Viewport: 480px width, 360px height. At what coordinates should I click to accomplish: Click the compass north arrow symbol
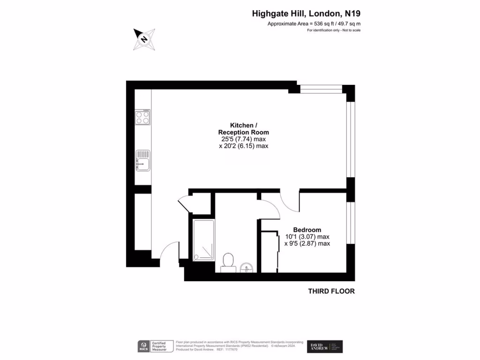(x=144, y=38)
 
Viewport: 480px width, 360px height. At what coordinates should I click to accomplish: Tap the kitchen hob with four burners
(x=143, y=117)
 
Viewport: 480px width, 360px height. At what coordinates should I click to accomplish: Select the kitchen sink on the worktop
(x=143, y=160)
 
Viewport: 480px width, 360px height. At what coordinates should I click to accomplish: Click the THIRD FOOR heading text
(x=331, y=291)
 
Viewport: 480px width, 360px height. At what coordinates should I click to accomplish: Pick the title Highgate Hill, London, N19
(x=306, y=14)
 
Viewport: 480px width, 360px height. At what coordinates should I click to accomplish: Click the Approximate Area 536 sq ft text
(x=314, y=23)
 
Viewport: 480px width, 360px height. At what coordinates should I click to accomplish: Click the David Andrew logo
(x=325, y=346)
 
